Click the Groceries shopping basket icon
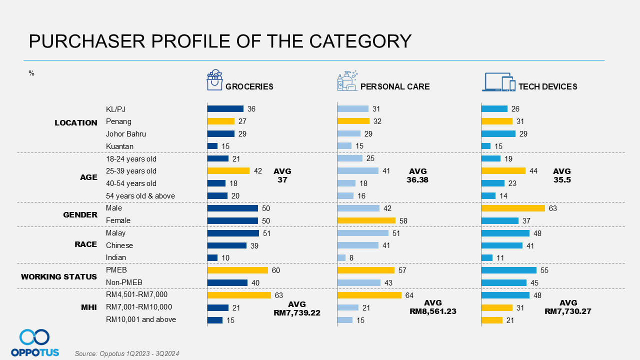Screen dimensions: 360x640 214,80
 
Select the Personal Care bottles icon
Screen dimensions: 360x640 347,80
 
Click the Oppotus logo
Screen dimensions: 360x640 34,343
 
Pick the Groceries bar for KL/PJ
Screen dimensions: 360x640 225,108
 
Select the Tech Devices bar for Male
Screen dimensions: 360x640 513,208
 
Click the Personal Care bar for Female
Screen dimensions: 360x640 366,220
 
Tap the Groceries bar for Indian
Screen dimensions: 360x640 212,257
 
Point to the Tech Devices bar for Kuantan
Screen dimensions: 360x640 486,146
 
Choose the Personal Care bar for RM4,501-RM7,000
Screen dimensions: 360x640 369,295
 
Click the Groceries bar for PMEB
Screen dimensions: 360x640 237,270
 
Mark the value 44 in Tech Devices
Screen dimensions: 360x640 533,171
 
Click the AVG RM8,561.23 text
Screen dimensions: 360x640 432,307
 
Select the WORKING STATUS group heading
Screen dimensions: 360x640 59,276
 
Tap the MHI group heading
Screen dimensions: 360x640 88,307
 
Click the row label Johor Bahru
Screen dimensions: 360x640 126,134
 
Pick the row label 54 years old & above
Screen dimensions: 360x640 140,196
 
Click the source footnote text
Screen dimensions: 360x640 127,353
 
